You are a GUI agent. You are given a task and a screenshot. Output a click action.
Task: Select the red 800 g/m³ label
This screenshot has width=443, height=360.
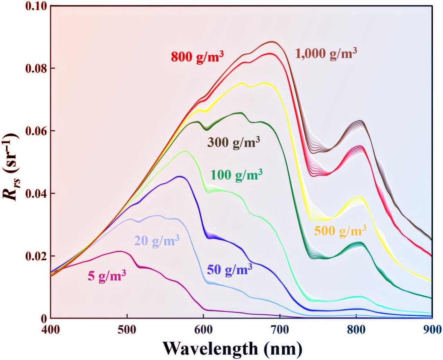[196, 56]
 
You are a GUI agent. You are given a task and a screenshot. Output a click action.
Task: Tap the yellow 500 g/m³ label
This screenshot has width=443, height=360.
[340, 231]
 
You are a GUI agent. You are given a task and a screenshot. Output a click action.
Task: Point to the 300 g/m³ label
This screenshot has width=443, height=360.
[234, 142]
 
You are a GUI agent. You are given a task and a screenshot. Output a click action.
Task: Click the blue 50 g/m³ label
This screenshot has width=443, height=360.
[229, 270]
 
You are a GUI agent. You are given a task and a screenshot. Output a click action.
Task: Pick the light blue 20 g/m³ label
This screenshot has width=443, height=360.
[156, 240]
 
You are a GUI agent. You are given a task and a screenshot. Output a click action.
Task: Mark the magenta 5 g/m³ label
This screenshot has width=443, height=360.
[107, 276]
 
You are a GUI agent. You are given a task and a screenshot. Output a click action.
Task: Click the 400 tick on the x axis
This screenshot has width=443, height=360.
[51, 329]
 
